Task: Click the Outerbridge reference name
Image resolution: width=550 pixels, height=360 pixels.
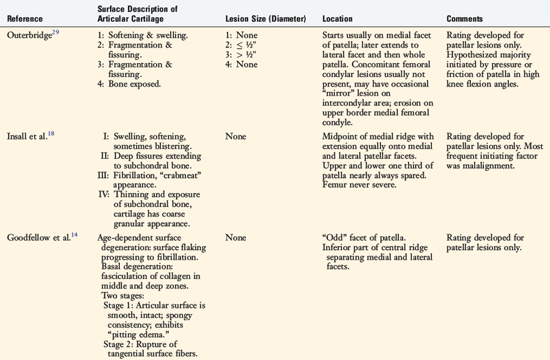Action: [30, 34]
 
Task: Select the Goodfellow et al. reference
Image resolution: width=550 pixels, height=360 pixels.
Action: [37, 238]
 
